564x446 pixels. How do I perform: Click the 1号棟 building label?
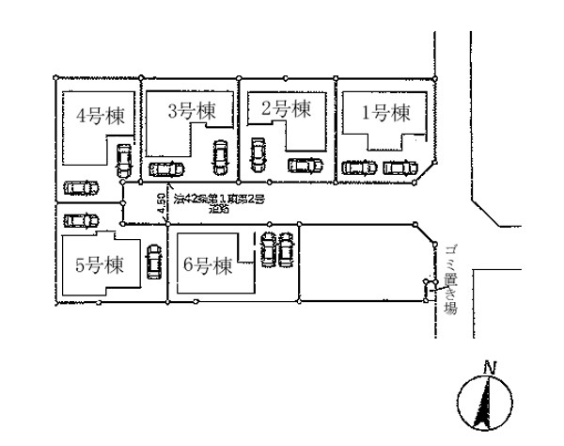pyautogui.click(x=386, y=114)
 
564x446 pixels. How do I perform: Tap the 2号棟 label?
pyautogui.click(x=286, y=109)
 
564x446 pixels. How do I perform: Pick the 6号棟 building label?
pyautogui.click(x=208, y=265)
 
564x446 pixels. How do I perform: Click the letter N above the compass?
pyautogui.click(x=488, y=367)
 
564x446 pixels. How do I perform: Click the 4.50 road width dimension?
pyautogui.click(x=161, y=204)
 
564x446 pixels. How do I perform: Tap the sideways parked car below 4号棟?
pyautogui.click(x=81, y=187)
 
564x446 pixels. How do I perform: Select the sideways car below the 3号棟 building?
pyautogui.click(x=167, y=169)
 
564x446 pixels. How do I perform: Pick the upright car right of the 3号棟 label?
pyautogui.click(x=219, y=154)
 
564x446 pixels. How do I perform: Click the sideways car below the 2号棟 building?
pyautogui.click(x=304, y=166)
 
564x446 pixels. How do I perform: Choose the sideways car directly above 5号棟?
pyautogui.click(x=79, y=221)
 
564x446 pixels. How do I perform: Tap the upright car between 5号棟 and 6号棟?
pyautogui.click(x=154, y=259)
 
